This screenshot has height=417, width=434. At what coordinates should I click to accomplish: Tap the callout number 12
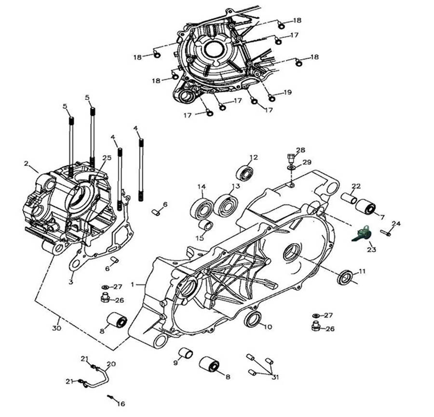tap(254, 157)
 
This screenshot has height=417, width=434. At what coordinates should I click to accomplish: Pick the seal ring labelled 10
tap(253, 319)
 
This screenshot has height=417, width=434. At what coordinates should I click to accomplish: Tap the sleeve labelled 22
tap(349, 198)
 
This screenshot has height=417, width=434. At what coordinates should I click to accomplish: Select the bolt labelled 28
tap(290, 158)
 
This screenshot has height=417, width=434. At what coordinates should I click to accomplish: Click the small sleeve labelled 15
tap(206, 225)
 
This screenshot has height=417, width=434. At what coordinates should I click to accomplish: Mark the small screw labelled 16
tap(111, 397)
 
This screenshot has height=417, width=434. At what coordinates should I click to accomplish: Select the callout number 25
tap(107, 158)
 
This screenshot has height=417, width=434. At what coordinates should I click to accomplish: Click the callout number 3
tap(71, 282)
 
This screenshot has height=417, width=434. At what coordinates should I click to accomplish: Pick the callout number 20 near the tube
tap(111, 364)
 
